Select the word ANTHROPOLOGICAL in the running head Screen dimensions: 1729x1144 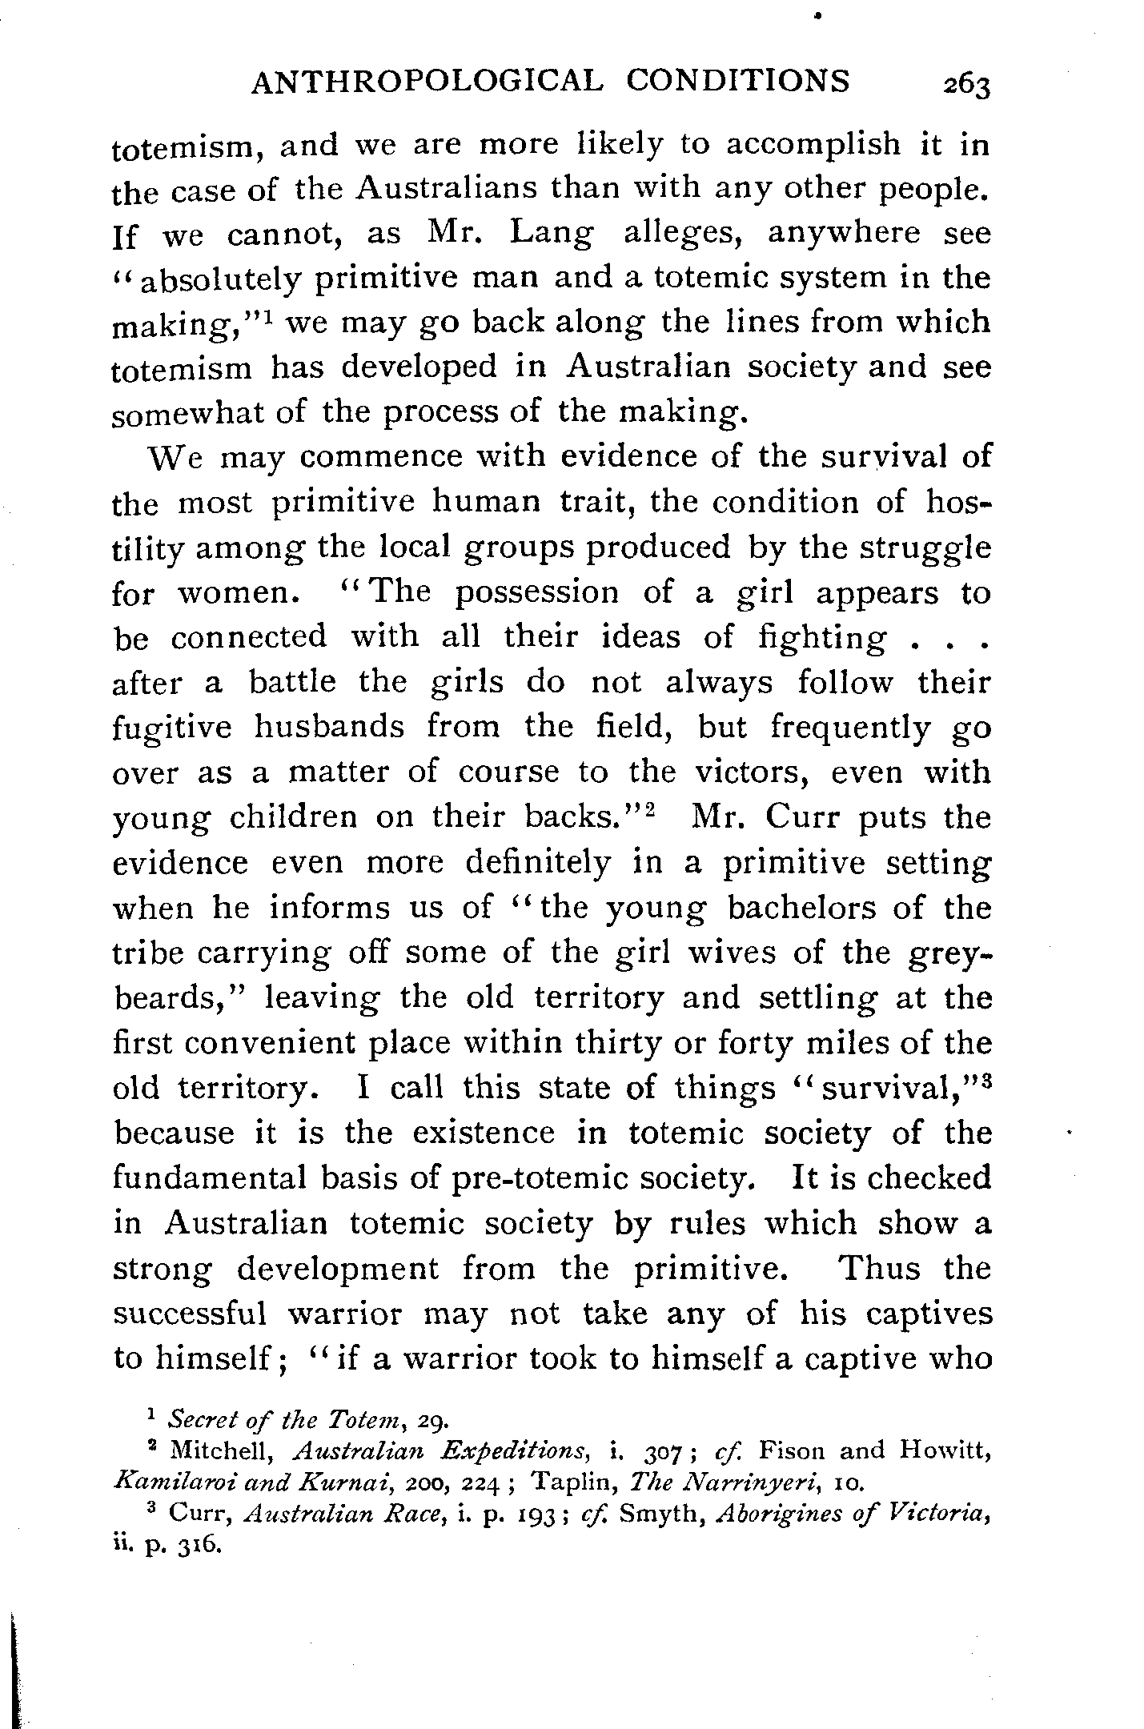pos(424,82)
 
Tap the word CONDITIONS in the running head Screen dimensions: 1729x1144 pos(737,82)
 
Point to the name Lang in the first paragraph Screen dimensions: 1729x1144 pos(553,233)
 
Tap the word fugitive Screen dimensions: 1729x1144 pos(172,728)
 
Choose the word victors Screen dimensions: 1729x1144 pos(753,772)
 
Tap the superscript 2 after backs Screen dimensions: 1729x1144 pos(651,808)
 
